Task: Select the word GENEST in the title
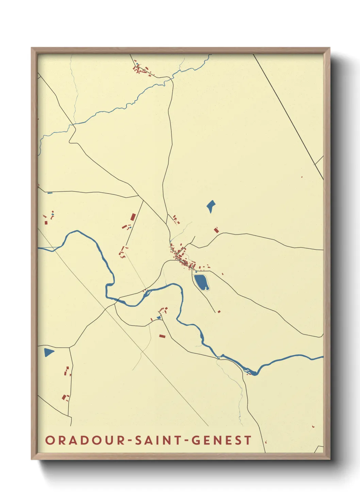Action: click(x=222, y=440)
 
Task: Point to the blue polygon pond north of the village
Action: click(x=211, y=206)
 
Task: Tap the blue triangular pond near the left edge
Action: click(x=48, y=352)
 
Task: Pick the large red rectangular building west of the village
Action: click(x=133, y=217)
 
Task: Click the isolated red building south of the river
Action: click(x=162, y=336)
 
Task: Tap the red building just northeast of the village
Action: click(x=216, y=230)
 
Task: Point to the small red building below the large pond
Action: click(x=219, y=311)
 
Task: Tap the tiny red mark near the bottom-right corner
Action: click(x=313, y=426)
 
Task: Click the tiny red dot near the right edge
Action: click(x=302, y=177)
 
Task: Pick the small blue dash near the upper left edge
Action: click(x=50, y=193)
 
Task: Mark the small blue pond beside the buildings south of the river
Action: click(x=158, y=318)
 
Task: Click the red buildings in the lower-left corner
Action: click(x=65, y=397)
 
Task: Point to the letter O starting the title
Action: click(x=50, y=440)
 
